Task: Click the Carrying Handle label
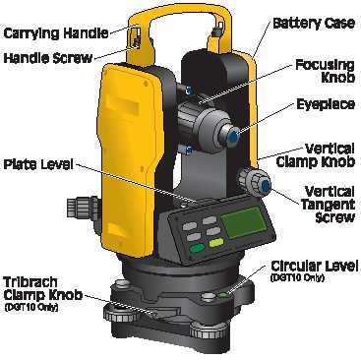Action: point(56,33)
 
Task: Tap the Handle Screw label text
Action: point(48,58)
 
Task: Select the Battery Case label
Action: point(314,24)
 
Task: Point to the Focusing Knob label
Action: point(325,71)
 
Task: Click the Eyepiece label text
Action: point(326,104)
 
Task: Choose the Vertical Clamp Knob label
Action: point(316,155)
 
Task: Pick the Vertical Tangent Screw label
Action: point(328,205)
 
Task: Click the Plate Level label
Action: point(38,164)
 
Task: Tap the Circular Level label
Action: point(314,266)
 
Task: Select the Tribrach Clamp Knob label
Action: point(42,288)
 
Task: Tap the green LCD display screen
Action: point(244,222)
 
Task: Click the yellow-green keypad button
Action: point(216,243)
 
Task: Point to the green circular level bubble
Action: point(224,295)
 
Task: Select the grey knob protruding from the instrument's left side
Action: point(82,207)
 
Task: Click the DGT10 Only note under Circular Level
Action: point(297,278)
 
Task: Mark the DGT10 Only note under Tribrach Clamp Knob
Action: point(30,308)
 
